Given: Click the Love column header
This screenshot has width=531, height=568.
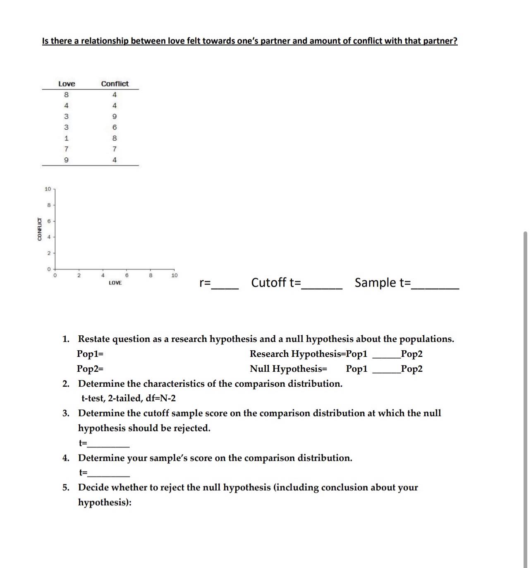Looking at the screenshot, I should coord(67,84).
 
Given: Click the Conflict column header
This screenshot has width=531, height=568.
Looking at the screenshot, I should coord(115,84).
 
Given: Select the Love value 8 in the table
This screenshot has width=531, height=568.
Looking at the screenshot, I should coord(66,95).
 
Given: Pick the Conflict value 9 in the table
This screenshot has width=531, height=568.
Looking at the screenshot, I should coord(115,116).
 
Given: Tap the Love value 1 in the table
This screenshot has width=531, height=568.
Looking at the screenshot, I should coord(66,138).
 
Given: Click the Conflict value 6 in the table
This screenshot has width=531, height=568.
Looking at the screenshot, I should coord(115,128).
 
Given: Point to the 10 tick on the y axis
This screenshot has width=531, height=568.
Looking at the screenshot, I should coord(48,189).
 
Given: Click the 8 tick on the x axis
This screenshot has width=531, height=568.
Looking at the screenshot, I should coord(151,275).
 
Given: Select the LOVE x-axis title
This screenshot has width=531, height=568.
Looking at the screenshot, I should coord(115,283).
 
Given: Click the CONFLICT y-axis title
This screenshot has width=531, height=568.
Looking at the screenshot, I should coord(40,229).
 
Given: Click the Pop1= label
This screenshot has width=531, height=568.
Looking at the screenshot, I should coord(90,354).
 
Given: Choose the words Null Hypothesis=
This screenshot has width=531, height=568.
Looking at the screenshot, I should coord(288,369).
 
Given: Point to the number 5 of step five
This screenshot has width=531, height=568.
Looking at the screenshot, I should coord(66,488).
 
